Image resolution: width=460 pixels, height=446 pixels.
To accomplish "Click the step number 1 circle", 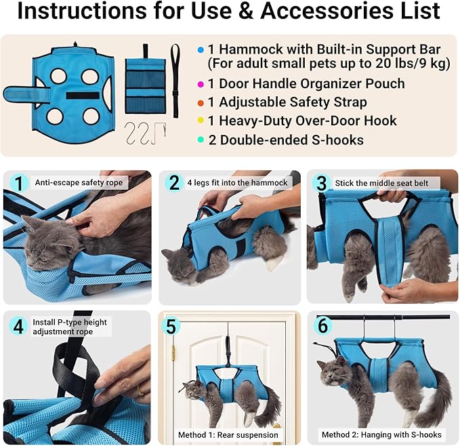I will click(20, 183).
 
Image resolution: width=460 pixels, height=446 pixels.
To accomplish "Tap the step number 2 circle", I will click(175, 183).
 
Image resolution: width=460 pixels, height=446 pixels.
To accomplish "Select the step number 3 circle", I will click(321, 183).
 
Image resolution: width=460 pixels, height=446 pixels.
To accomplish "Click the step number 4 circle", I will click(20, 326).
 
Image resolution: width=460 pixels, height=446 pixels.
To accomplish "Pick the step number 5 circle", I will click(171, 326).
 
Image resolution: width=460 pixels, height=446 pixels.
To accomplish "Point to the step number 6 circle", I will click(323, 326).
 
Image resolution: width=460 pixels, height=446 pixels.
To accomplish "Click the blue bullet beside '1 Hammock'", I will click(201, 50).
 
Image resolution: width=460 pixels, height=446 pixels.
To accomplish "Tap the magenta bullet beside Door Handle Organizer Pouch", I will click(201, 84).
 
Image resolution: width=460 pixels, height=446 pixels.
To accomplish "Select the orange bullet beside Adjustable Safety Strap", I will click(201, 103).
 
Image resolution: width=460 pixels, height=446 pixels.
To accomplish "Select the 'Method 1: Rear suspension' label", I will click(228, 434).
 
